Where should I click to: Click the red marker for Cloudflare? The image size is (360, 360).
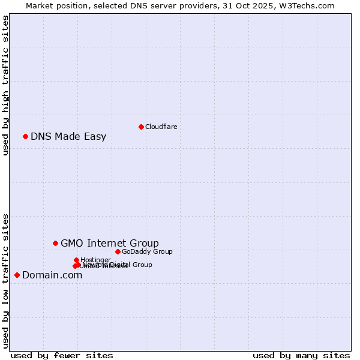[x=141, y=127]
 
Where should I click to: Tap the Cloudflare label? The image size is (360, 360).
[x=161, y=127]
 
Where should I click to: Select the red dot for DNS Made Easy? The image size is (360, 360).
[x=26, y=136]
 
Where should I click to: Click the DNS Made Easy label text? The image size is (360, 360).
[x=68, y=136]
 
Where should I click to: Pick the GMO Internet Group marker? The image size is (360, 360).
[x=56, y=243]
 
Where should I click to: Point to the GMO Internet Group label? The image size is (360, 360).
[x=110, y=243]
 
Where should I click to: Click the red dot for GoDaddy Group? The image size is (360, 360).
[x=118, y=251]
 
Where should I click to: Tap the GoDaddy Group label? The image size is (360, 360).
[x=147, y=251]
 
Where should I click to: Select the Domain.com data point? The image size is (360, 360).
[x=17, y=275]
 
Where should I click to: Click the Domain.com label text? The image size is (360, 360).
[x=52, y=275]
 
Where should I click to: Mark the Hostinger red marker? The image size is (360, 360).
[x=76, y=260]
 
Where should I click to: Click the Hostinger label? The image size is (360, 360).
[x=95, y=260]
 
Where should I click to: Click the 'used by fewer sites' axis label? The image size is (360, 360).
[x=62, y=355]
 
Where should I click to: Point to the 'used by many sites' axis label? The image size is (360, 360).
[x=301, y=355]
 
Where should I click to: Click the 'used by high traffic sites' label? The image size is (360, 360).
[x=5, y=86]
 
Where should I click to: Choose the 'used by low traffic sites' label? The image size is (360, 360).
[x=5, y=280]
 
